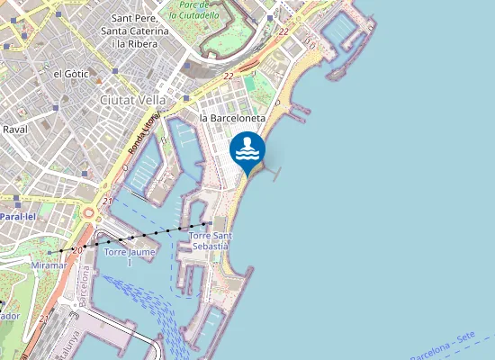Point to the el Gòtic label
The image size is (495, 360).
click(69, 74)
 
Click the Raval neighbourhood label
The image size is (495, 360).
click(15, 130)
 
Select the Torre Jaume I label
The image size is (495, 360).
click(130, 256)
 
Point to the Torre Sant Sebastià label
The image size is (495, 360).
click(211, 240)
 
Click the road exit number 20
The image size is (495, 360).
click(77, 248)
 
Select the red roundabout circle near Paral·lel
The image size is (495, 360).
click(89, 213)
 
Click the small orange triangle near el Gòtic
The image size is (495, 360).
click(99, 78)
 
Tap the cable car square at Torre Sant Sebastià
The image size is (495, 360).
click(210, 222)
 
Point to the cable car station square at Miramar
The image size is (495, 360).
click(61, 252)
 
